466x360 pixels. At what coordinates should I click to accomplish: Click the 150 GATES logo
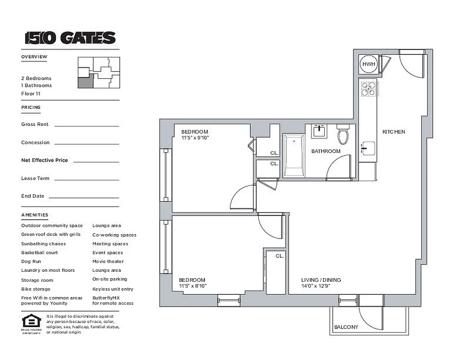tap(70, 38)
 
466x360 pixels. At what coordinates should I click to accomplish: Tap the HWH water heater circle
tap(369, 64)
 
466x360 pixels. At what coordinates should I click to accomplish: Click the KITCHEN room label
tap(394, 132)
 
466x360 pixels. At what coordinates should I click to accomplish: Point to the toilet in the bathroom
tap(343, 134)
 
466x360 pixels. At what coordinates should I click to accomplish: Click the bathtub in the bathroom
tap(294, 156)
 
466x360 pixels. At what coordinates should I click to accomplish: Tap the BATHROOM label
tap(326, 151)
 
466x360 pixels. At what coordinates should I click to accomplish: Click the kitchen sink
tap(368, 148)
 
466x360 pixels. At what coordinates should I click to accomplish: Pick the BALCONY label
tap(346, 327)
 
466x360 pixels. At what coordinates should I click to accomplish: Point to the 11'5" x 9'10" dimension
tap(195, 138)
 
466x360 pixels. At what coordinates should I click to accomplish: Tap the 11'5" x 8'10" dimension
tap(192, 286)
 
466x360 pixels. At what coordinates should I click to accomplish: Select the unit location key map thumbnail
tap(99, 72)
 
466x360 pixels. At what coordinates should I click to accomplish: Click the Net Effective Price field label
tap(45, 160)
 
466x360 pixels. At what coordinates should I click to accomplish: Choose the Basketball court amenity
tap(40, 252)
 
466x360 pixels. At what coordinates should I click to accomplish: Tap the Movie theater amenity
tap(108, 261)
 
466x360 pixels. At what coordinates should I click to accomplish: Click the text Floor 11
tap(31, 94)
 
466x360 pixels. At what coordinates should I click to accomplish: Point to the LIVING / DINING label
tap(321, 280)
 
